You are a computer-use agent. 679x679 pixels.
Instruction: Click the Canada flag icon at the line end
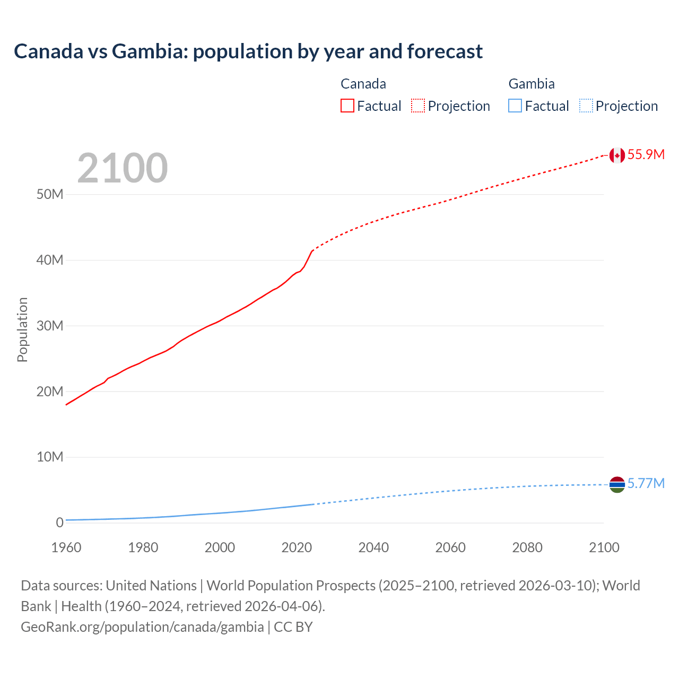pyautogui.click(x=616, y=155)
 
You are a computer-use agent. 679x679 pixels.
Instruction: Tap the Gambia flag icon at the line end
pyautogui.click(x=616, y=484)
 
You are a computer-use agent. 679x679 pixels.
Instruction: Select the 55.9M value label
pyautogui.click(x=646, y=154)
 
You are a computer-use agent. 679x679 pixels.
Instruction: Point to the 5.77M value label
pyautogui.click(x=646, y=483)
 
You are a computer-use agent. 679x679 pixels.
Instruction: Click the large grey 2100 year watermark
pyautogui.click(x=123, y=168)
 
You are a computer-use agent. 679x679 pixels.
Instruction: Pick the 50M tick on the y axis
pyautogui.click(x=50, y=194)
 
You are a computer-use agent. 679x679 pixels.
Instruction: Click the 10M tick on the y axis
pyautogui.click(x=50, y=457)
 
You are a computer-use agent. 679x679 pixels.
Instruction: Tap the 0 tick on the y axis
pyautogui.click(x=59, y=523)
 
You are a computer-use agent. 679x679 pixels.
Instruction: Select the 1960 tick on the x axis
pyautogui.click(x=66, y=547)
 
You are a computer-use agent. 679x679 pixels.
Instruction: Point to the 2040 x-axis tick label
pyautogui.click(x=373, y=547)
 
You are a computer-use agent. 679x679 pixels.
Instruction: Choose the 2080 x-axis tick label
pyautogui.click(x=527, y=547)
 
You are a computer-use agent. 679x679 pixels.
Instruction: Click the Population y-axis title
pyautogui.click(x=22, y=329)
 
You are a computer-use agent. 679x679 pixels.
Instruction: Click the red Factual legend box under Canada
pyautogui.click(x=347, y=106)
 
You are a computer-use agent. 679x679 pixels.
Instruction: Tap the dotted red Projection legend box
pyautogui.click(x=418, y=106)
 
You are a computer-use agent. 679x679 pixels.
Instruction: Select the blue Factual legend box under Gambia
pyautogui.click(x=515, y=106)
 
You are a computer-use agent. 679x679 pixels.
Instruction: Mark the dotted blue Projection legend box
pyautogui.click(x=586, y=106)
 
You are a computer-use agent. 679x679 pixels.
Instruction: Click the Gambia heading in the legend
pyautogui.click(x=532, y=84)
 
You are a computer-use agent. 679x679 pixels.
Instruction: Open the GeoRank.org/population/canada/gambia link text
pyautogui.click(x=142, y=626)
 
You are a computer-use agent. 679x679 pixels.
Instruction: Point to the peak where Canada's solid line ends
pyautogui.click(x=312, y=250)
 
